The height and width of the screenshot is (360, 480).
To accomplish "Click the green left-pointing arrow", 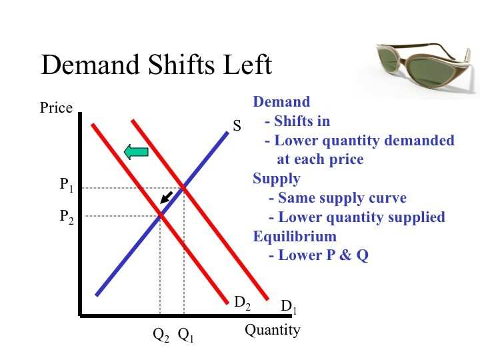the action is pyautogui.click(x=136, y=152).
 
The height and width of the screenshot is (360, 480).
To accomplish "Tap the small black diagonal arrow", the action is pyautogui.click(x=167, y=197).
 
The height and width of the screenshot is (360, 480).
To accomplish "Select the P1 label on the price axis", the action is pyautogui.click(x=67, y=185).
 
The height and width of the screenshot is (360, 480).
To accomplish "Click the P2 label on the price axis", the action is pyautogui.click(x=67, y=217).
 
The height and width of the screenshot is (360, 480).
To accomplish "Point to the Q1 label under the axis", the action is pyautogui.click(x=185, y=335).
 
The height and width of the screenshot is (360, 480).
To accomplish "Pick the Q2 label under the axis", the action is pyautogui.click(x=161, y=335).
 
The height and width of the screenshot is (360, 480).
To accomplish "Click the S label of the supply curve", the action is pyautogui.click(x=237, y=125).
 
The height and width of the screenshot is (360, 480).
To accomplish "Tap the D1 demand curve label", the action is pyautogui.click(x=289, y=307).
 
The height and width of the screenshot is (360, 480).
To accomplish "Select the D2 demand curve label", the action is pyautogui.click(x=242, y=303).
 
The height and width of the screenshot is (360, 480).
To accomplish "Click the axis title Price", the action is pyautogui.click(x=56, y=108).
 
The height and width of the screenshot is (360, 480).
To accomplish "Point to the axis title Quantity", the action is pyautogui.click(x=273, y=331).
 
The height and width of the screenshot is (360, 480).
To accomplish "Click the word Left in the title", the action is pyautogui.click(x=247, y=65).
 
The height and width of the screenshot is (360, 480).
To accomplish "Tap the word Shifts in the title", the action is pyautogui.click(x=181, y=65).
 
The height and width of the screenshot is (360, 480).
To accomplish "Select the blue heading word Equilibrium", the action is pyautogui.click(x=295, y=237).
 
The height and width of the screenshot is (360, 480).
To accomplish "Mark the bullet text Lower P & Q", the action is pyautogui.click(x=319, y=255).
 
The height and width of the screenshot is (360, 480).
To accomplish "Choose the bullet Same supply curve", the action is pyautogui.click(x=337, y=198).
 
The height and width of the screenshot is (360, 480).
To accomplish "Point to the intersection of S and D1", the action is pyautogui.click(x=184, y=188).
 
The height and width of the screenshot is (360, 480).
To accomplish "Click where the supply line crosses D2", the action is pyautogui.click(x=160, y=216).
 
